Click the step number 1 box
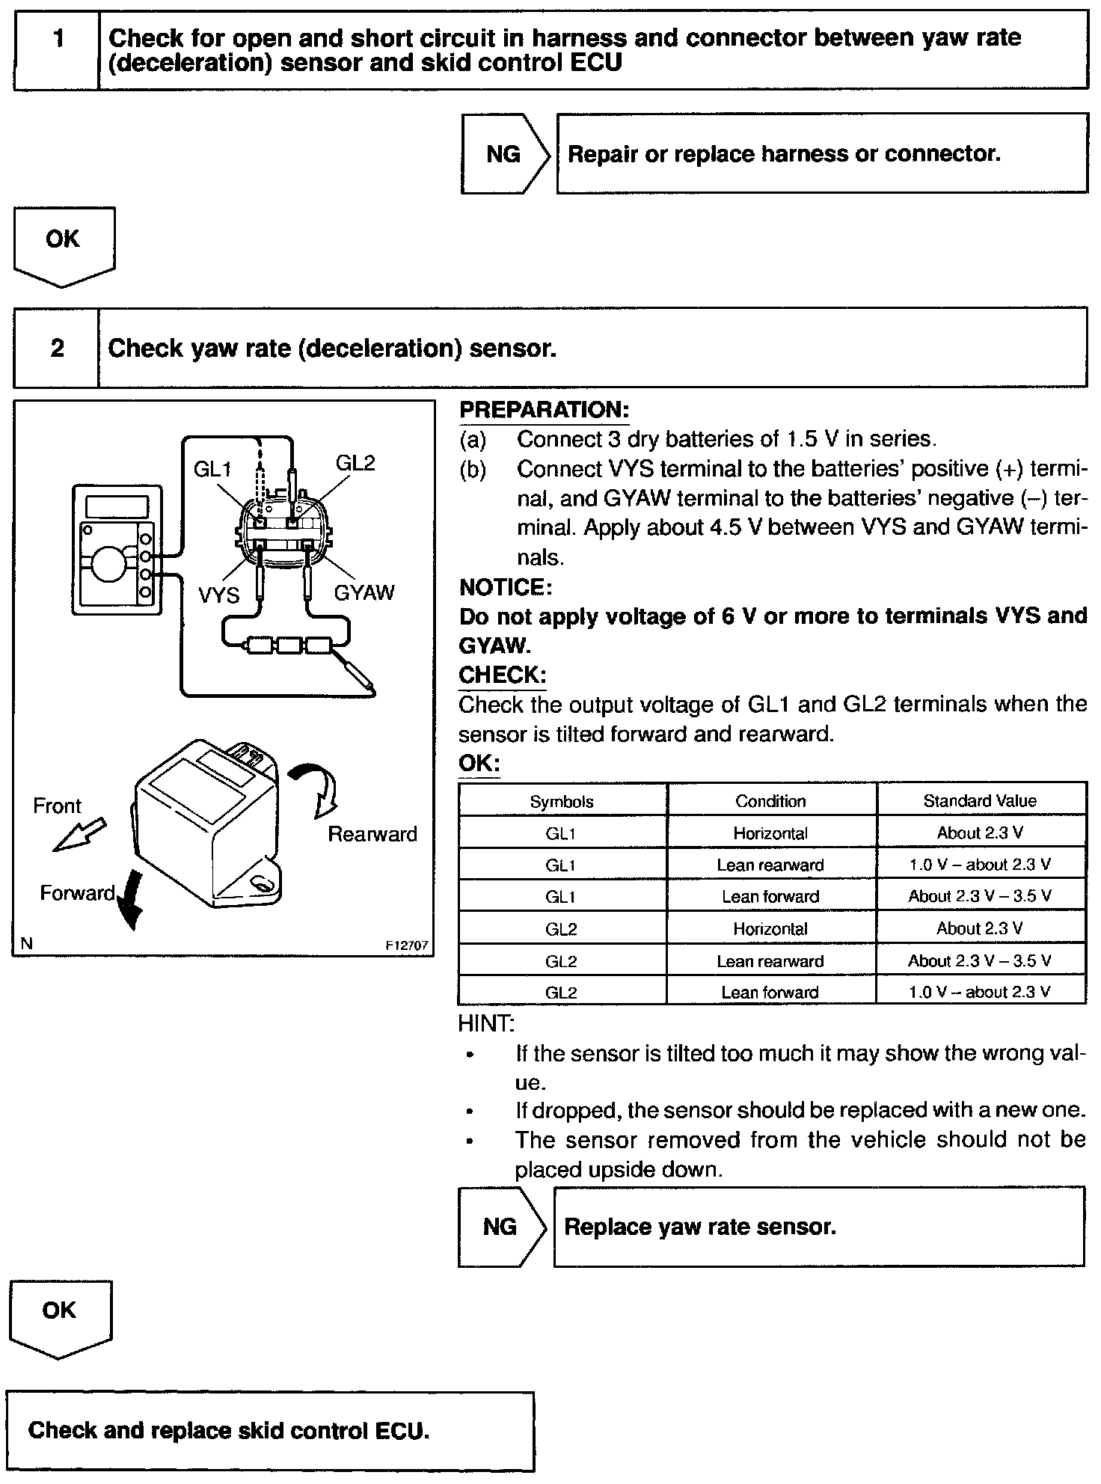[57, 49]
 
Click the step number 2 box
[57, 348]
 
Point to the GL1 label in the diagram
[212, 469]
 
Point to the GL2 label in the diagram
[355, 463]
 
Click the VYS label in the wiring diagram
[218, 595]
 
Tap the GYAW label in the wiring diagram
[364, 592]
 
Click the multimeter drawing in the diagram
[117, 550]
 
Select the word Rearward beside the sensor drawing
[372, 834]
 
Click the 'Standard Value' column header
[980, 801]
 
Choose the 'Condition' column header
[770, 801]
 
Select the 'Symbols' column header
[562, 802]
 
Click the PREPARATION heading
[544, 410]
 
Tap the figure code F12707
[408, 945]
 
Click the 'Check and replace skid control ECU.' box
[270, 1431]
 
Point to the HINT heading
[486, 1022]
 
